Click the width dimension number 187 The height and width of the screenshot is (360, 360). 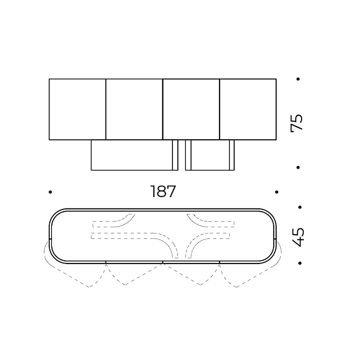coord(163,191)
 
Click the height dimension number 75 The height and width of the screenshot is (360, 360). coord(297,123)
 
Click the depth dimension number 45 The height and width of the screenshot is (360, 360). coord(298,237)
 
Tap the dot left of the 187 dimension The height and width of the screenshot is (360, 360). coord(50,192)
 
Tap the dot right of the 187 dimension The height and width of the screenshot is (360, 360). coord(276,192)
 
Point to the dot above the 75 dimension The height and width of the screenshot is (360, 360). coord(298,79)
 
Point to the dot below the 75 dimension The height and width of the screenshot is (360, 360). coord(298,168)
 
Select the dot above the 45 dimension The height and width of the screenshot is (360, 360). coord(299,207)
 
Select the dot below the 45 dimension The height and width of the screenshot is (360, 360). coord(299,263)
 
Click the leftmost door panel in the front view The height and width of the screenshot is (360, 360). coord(78,109)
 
